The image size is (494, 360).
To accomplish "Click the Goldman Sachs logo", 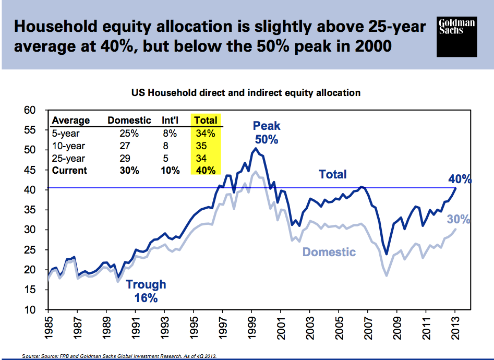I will pyautogui.click(x=457, y=36).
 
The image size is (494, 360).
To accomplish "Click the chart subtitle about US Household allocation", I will pyautogui.click(x=246, y=93).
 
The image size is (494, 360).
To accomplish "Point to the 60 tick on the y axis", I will pyautogui.click(x=34, y=110).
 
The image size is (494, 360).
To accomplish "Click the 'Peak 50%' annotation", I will pyautogui.click(x=267, y=133).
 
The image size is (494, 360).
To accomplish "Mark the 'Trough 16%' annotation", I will pyautogui.click(x=146, y=291).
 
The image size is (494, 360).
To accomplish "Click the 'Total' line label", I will pyautogui.click(x=332, y=174).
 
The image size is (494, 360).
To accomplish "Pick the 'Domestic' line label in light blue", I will pyautogui.click(x=329, y=252).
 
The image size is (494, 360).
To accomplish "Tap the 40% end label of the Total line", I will pyautogui.click(x=460, y=179).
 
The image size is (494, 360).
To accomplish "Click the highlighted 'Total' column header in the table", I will pyautogui.click(x=206, y=121).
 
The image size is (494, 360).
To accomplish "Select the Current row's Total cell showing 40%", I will pyautogui.click(x=205, y=171).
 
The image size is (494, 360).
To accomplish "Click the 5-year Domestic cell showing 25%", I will pyautogui.click(x=129, y=133).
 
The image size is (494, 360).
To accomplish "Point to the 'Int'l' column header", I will pyautogui.click(x=171, y=121).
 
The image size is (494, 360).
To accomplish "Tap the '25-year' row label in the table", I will pyautogui.click(x=68, y=158).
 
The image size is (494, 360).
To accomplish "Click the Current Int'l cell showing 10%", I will pyautogui.click(x=171, y=171).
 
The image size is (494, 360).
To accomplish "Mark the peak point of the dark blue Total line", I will pyautogui.click(x=255, y=149).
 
